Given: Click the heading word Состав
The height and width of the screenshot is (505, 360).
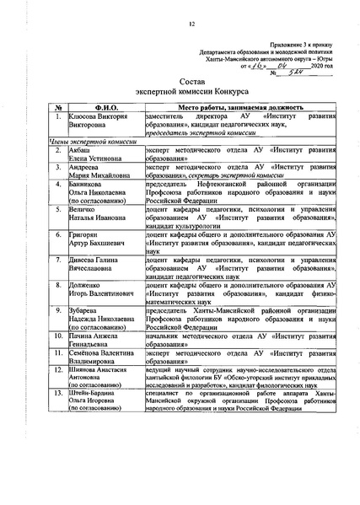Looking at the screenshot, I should point(180,80).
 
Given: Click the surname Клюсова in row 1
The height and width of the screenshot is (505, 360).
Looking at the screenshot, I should point(86,117).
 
